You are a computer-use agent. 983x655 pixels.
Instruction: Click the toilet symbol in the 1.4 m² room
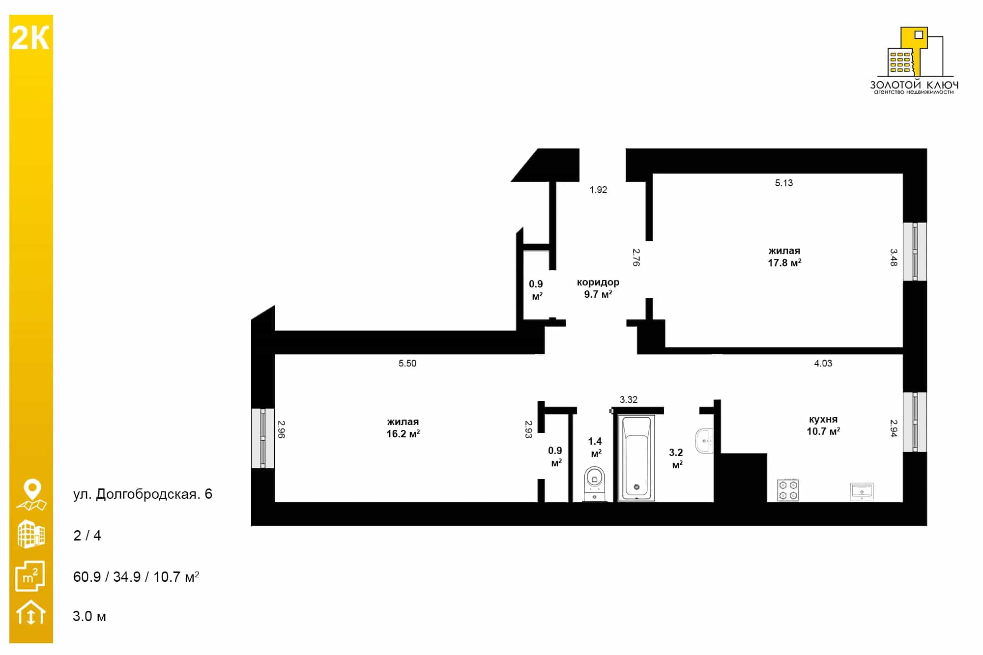595,484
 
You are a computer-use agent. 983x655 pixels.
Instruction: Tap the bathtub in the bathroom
636,458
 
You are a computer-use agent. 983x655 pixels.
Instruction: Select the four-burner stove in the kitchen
788,490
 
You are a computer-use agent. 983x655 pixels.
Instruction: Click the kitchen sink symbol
862,492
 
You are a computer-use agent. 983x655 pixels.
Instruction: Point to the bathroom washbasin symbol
704,441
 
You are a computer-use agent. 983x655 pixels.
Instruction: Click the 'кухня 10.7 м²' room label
823,425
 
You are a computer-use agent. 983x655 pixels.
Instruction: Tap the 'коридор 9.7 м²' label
598,288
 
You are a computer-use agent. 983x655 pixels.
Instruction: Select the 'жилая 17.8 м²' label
784,257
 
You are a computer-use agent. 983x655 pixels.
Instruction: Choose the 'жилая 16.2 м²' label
403,427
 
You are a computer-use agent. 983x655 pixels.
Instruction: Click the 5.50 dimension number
407,363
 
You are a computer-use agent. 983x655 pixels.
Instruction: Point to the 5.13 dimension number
784,183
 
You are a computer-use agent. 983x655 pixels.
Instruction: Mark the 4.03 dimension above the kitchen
823,363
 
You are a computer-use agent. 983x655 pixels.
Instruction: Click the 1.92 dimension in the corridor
599,190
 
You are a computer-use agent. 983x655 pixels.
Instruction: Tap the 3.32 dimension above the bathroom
629,399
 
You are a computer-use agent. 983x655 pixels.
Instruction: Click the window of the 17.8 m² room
915,252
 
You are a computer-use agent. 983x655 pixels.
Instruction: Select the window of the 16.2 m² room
263,438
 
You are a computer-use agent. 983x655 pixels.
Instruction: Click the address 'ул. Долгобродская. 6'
143,494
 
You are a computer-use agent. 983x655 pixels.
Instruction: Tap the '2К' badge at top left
30,38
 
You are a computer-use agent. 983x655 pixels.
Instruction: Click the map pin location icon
32,495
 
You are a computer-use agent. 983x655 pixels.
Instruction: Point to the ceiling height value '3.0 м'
89,616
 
